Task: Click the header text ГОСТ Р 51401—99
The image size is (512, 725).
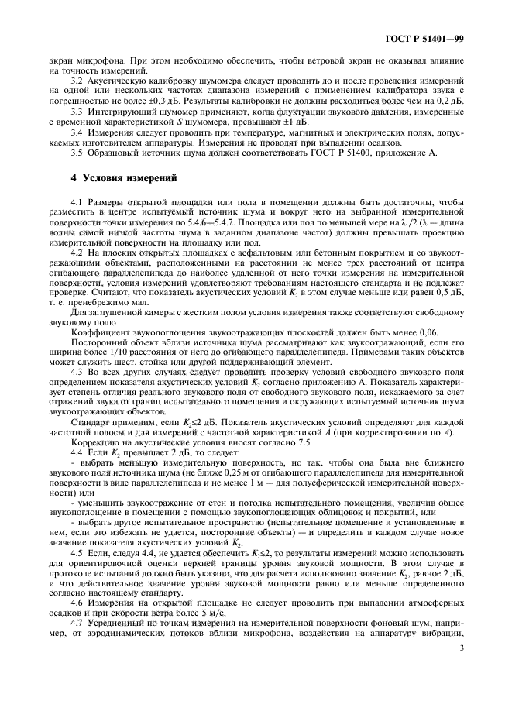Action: click(x=425, y=38)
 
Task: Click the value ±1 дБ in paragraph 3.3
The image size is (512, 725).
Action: click(x=295, y=122)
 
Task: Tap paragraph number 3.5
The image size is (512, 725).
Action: click(x=77, y=152)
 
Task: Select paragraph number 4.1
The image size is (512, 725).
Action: click(x=77, y=203)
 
